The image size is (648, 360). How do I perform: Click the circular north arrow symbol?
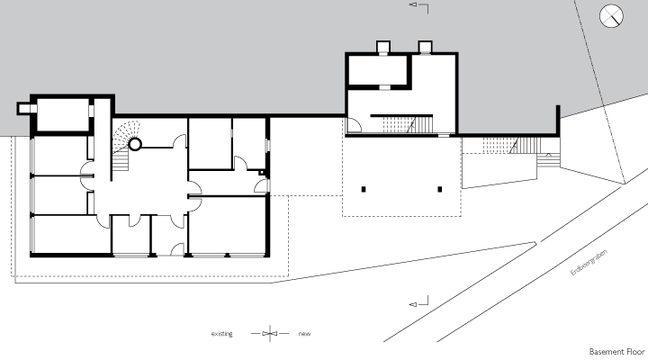[x=612, y=15]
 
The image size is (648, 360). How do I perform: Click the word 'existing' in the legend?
[x=221, y=334]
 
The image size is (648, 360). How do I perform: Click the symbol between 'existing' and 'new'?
[x=268, y=334]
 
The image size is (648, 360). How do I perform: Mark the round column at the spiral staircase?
[x=135, y=143]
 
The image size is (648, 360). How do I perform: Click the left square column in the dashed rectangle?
[x=364, y=189]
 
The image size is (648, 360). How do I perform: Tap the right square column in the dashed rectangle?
[x=440, y=189]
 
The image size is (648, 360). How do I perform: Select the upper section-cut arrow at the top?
[x=414, y=6]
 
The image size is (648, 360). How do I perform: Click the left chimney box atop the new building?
[x=382, y=47]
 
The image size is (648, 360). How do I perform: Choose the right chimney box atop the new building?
[x=424, y=47]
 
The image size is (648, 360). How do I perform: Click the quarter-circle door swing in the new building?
[x=355, y=126]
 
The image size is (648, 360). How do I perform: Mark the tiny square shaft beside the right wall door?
[x=262, y=171]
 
